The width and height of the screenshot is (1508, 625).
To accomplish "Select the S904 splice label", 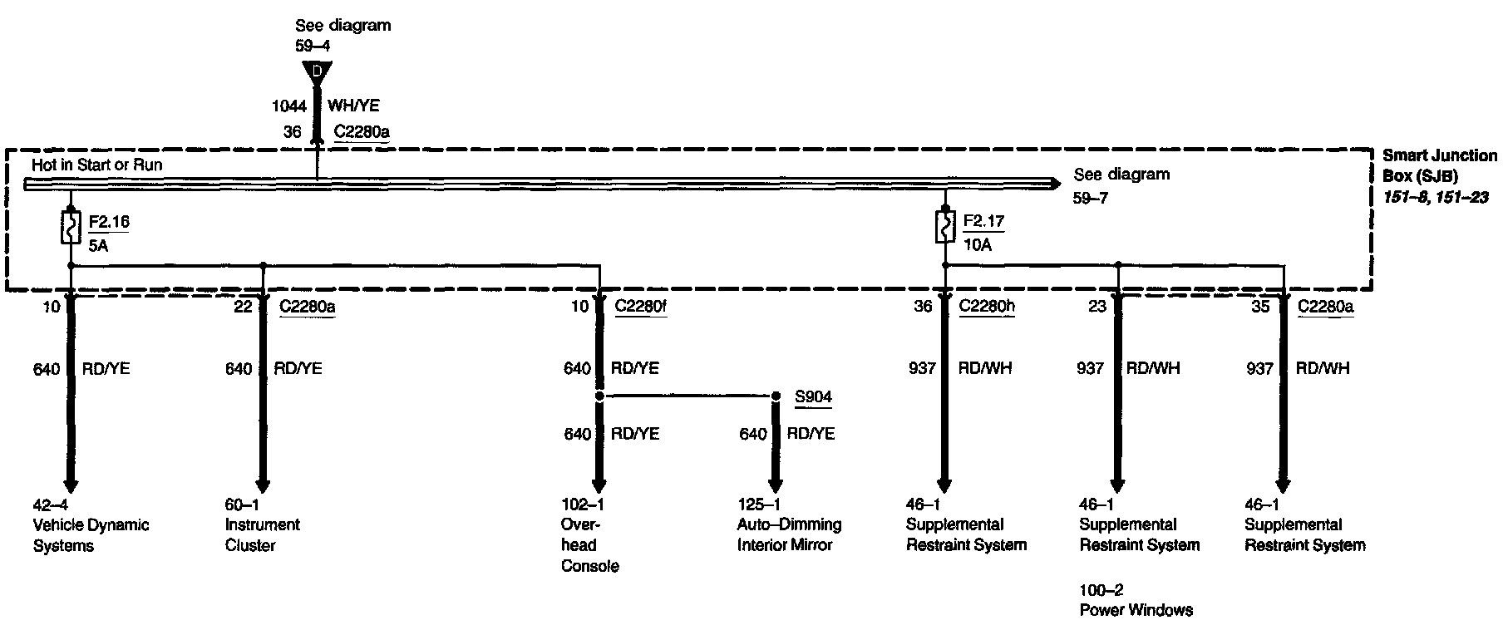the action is (812, 396).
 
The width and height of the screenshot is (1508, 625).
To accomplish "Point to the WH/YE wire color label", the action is (353, 106).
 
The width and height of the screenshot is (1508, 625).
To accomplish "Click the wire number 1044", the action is (289, 106).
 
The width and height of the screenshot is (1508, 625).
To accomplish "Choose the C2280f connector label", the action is (640, 306).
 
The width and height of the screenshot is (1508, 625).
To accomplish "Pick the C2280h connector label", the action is (987, 306).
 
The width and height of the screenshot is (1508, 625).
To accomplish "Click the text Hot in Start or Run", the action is (96, 165).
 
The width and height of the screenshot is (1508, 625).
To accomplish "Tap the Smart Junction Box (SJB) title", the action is (1439, 165).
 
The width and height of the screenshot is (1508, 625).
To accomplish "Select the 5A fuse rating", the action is (100, 244).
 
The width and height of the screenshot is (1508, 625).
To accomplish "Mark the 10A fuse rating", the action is (978, 244).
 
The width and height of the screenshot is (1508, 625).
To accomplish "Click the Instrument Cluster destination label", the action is (262, 534).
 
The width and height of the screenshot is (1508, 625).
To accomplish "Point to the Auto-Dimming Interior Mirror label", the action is (789, 534).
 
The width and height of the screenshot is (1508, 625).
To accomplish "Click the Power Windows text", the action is (1136, 610).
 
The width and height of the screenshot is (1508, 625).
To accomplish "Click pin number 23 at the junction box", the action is (1097, 306).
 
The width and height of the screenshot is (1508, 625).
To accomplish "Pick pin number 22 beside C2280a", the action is (242, 306).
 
